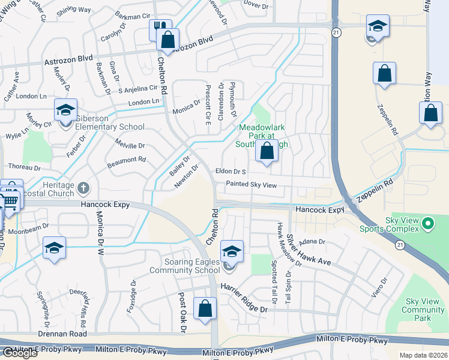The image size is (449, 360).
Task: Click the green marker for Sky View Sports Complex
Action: point(427,226)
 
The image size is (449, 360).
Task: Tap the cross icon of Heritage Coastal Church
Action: point(83,188)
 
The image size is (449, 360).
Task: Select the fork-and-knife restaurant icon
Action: point(158,29)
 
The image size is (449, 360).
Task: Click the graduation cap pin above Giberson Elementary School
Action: point(65,110)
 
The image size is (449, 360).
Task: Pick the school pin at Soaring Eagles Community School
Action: point(232,251)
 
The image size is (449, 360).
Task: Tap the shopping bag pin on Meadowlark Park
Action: point(267,151)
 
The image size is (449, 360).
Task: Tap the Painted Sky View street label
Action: point(251,185)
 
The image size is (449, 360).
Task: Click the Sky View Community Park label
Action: point(424,310)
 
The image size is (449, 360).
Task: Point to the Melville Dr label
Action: point(129,146)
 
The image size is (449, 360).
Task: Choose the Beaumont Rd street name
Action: point(126,160)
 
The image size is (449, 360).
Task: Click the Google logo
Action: point(19,353)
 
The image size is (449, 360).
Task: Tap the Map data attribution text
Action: point(423,355)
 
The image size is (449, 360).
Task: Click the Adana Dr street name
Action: point(313,242)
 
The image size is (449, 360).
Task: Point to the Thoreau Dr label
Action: point(23,166)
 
